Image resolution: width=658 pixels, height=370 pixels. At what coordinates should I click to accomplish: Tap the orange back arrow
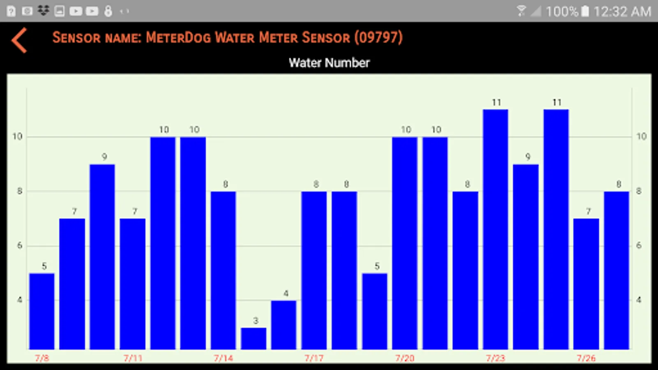click(19, 40)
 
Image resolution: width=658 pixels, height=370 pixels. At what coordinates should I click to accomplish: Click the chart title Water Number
click(329, 63)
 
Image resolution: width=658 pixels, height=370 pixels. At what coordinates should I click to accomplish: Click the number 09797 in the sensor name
click(378, 37)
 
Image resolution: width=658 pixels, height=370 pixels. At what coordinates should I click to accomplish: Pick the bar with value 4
click(284, 325)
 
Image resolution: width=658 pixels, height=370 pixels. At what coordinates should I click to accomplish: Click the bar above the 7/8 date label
click(42, 311)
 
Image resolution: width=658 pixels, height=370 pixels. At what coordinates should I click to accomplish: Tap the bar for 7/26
click(586, 284)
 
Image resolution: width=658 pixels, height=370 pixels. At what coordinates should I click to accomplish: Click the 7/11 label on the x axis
click(133, 358)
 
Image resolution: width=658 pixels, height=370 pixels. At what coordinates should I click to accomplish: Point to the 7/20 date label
click(405, 358)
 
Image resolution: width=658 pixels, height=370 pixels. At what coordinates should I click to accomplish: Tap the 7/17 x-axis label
click(314, 358)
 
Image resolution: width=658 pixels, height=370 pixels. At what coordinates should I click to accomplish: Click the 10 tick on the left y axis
click(17, 136)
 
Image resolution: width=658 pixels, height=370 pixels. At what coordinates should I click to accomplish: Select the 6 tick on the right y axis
click(639, 245)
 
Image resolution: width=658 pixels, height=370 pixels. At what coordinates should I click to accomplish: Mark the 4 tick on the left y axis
click(19, 300)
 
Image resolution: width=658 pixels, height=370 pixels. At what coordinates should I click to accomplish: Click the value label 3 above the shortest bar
click(255, 321)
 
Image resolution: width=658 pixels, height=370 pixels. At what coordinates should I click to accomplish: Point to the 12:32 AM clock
click(622, 12)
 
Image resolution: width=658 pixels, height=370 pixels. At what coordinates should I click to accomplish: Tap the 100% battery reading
click(562, 12)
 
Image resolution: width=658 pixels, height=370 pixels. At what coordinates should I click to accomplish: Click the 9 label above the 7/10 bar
click(104, 157)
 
